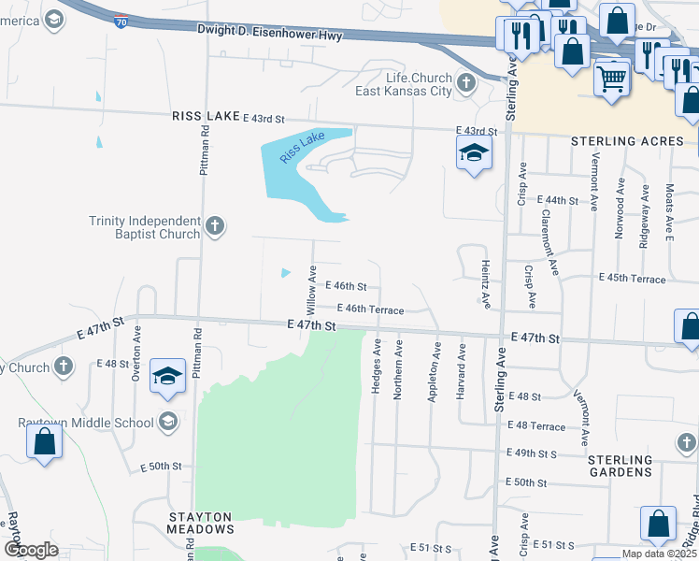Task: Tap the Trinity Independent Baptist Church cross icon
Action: [x=215, y=225]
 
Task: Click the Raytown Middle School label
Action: [x=86, y=423]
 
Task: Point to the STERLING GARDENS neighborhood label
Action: [x=621, y=466]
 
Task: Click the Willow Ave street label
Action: [x=311, y=289]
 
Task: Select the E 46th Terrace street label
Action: [x=370, y=309]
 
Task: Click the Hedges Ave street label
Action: [x=376, y=366]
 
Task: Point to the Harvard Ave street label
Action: [x=461, y=371]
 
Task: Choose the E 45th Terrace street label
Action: [x=633, y=279]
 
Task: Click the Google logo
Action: [x=31, y=549]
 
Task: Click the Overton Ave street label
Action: [x=136, y=352]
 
